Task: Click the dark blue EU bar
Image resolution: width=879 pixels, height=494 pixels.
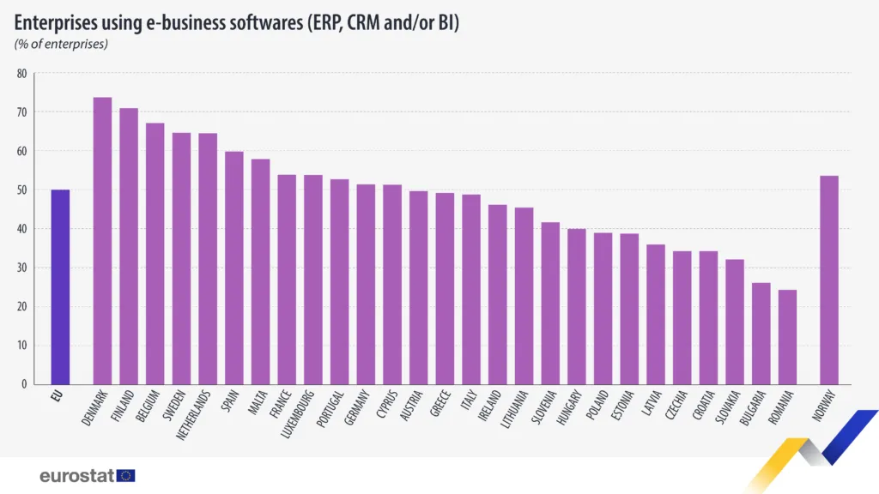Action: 60,287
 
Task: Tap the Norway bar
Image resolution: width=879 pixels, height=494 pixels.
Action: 828,280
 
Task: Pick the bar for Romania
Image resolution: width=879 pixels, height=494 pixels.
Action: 787,337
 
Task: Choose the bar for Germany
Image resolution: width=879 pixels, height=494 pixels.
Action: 366,284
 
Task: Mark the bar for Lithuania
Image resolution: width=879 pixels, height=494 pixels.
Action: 524,296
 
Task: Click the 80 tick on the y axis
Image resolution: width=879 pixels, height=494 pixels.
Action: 21,74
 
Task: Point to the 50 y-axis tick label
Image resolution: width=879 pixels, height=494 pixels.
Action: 21,190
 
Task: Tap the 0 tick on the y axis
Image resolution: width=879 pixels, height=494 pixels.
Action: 24,384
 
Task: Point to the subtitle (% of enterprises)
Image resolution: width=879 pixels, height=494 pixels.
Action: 61,44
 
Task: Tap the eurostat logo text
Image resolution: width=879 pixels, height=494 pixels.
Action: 76,475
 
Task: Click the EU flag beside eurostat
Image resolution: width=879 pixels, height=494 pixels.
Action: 126,475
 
